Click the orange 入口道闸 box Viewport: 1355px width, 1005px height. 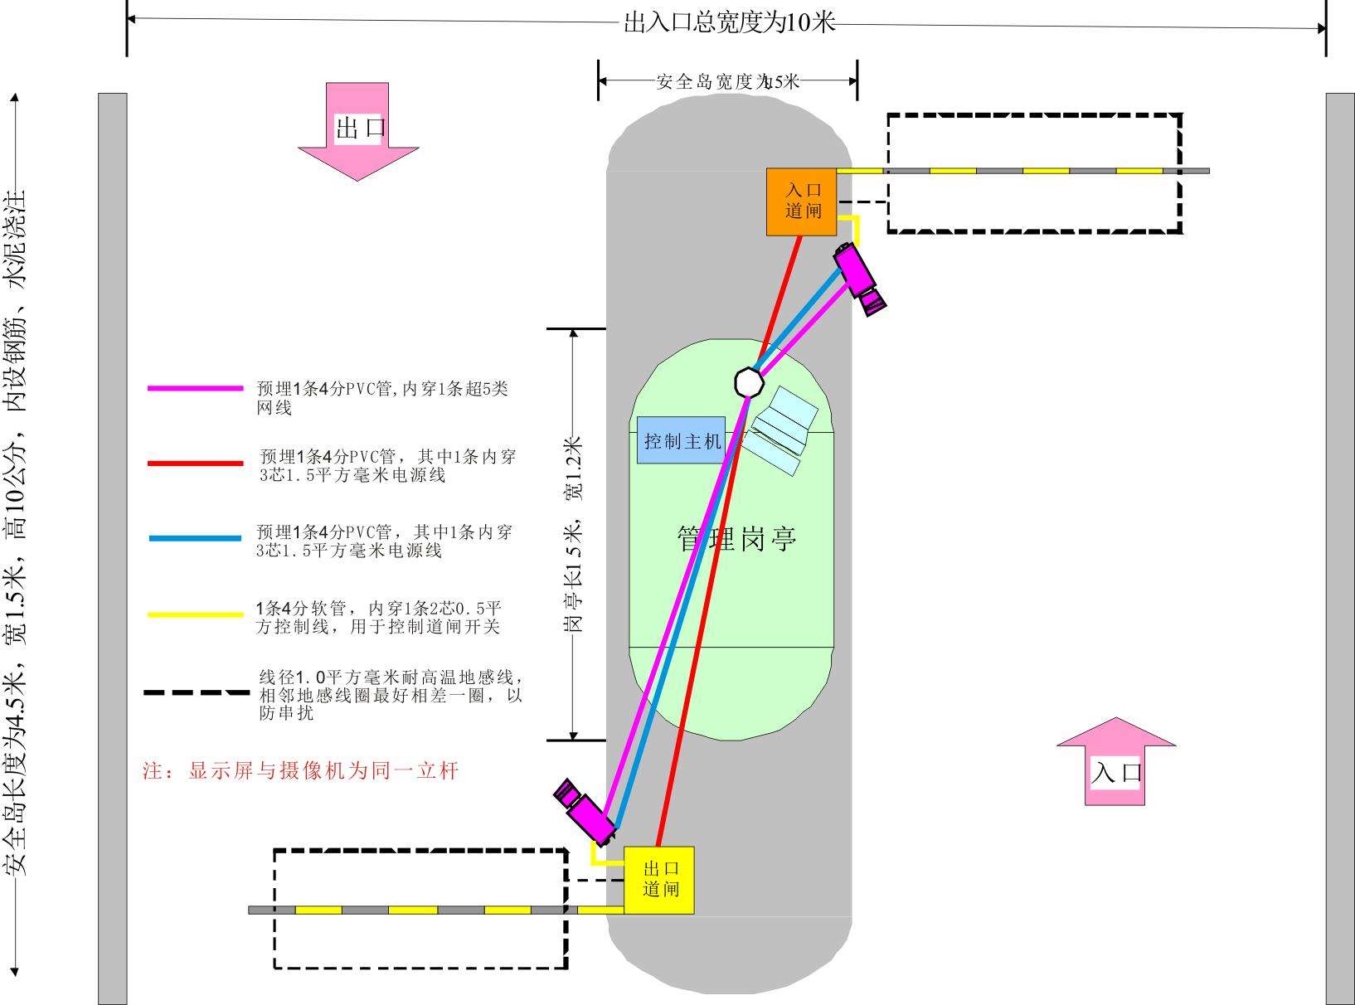(800, 201)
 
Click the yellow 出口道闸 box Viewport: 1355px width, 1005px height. (659, 880)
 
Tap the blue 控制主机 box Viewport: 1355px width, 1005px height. (682, 441)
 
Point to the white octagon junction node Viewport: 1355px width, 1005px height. (749, 381)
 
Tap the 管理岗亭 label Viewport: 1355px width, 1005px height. (736, 538)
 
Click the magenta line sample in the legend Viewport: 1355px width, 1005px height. (195, 388)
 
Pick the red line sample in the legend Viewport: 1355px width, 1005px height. (195, 463)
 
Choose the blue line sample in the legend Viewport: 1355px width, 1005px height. (195, 538)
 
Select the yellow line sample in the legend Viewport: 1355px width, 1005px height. (195, 614)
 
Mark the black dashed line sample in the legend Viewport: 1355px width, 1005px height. (195, 692)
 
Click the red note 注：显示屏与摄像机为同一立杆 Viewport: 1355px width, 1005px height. (300, 771)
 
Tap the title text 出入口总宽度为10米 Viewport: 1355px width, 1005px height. (729, 22)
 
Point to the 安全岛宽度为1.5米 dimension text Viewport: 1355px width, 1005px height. (727, 81)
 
